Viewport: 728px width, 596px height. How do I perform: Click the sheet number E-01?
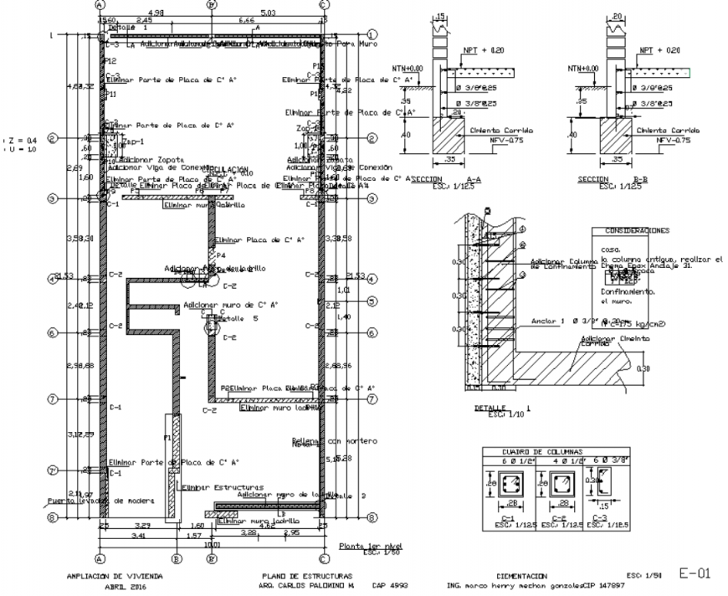coord(694,573)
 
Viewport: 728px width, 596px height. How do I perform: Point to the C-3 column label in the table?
coord(599,517)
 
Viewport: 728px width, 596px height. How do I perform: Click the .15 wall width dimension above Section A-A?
coord(441,16)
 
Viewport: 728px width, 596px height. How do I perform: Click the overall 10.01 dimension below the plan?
coord(213,542)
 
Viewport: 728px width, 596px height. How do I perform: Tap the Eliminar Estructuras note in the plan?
coord(223,486)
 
